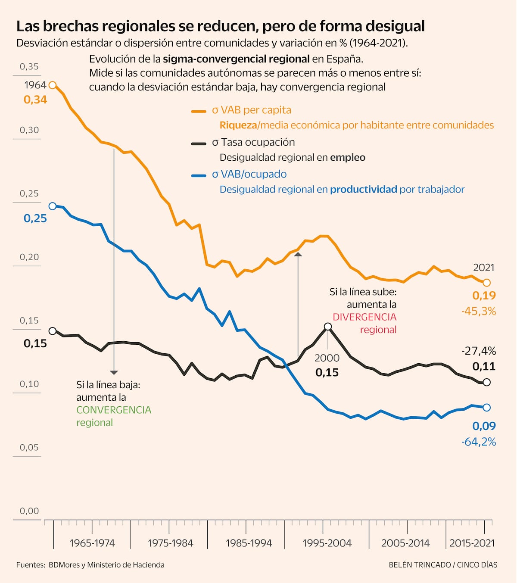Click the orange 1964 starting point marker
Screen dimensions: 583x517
[x=53, y=85]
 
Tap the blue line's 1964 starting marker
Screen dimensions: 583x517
[x=53, y=206]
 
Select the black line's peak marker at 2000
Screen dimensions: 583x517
[x=328, y=327]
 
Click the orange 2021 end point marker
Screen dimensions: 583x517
[x=487, y=283]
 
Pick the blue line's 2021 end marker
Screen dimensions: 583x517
[x=487, y=407]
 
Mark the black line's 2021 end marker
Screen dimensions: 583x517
[x=487, y=382]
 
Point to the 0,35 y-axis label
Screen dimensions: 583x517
[x=29, y=66]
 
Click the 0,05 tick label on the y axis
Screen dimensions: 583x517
[x=29, y=447]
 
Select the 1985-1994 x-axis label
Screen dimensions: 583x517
[x=249, y=543]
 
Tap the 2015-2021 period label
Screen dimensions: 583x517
[x=472, y=543]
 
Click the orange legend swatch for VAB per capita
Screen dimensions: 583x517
[x=199, y=111]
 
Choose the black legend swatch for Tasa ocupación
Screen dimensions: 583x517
[x=199, y=143]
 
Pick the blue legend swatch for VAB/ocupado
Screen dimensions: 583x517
[x=199, y=175]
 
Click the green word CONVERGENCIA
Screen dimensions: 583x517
[x=114, y=410]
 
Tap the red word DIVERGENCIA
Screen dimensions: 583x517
[x=364, y=317]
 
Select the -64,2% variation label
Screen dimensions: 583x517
[x=479, y=442]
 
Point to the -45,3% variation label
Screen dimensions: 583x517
[x=479, y=311]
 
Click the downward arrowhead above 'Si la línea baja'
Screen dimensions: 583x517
[x=114, y=372]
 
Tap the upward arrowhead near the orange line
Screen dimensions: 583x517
[x=298, y=255]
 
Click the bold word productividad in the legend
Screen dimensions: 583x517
[x=364, y=189]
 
